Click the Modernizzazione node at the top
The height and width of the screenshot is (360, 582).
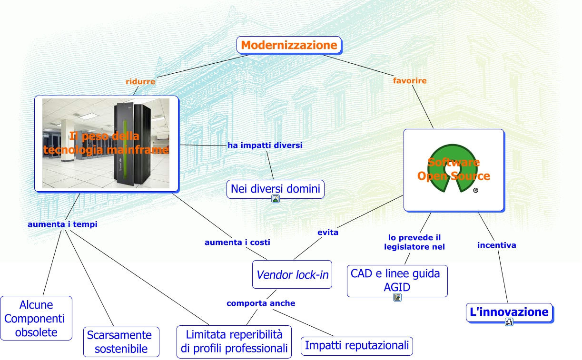289,45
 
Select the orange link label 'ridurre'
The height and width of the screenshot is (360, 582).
140,81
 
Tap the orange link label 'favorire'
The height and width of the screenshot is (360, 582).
410,80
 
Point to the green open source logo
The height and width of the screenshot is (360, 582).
453,169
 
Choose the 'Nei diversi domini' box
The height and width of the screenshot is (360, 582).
275,189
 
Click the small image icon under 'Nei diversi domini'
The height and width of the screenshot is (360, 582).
276,199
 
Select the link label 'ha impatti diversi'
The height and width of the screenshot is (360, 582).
265,145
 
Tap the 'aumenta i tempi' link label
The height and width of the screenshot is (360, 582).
62,224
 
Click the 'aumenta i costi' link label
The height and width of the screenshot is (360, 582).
237,242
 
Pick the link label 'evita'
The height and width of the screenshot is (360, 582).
328,232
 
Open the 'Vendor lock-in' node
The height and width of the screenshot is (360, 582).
292,274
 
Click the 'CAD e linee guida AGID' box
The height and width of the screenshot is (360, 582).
397,281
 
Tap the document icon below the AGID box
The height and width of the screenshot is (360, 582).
397,298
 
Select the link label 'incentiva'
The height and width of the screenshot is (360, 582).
496,245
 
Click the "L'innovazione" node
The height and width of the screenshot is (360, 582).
509,312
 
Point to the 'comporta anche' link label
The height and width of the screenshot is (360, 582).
261,303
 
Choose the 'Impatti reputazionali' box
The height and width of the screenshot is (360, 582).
356,346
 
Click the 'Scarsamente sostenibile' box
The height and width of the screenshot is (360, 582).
121,341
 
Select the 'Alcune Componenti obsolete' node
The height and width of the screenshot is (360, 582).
36,318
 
